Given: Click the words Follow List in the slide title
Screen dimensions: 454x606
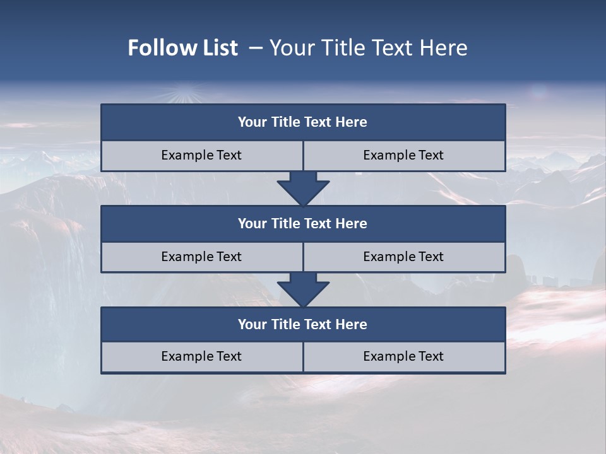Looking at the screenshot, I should tap(182, 48).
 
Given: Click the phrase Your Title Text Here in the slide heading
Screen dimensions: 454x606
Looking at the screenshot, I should tap(368, 48).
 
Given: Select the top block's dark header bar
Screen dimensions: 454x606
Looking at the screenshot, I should tap(303, 122).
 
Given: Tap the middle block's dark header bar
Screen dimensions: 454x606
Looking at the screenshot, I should tap(303, 224).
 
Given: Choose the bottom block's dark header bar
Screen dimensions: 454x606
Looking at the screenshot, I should tap(303, 325).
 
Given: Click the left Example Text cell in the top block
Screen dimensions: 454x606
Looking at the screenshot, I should tap(201, 156).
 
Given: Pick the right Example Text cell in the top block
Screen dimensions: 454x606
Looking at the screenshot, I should tap(403, 156).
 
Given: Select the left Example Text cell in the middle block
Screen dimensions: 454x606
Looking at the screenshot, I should tap(201, 257).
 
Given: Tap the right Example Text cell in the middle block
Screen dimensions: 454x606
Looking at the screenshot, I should tap(403, 257).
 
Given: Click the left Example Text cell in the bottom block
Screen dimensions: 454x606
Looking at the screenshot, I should tap(201, 357).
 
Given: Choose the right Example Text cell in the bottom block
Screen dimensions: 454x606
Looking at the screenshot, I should tap(403, 357).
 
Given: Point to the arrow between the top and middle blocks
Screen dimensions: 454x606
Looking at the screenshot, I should tap(303, 188).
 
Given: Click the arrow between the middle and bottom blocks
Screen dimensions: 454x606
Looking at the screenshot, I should tap(303, 289).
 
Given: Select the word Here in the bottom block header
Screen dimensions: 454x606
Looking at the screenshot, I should tap(352, 325).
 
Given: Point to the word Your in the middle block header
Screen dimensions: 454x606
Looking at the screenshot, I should tap(252, 224).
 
